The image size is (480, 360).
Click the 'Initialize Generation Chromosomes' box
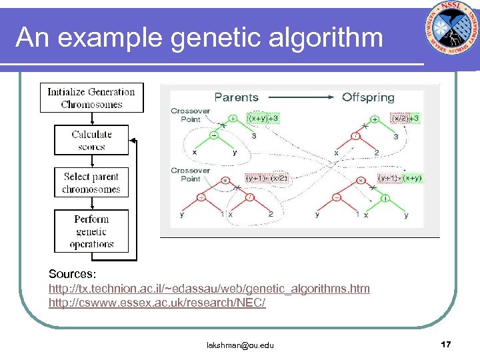click(91, 98)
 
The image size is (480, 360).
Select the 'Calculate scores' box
click(91, 140)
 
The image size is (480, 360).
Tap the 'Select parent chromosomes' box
click(91, 183)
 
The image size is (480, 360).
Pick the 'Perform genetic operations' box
click(91, 231)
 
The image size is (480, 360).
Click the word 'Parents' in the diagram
click(236, 97)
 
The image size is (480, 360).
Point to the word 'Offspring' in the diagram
click(368, 97)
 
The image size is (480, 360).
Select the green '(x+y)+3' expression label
click(263, 118)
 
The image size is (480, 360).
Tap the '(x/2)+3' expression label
click(405, 118)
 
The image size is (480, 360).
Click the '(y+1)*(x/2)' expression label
click(267, 178)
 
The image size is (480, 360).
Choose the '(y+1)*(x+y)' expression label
click(400, 178)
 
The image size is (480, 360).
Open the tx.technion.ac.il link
click(209, 289)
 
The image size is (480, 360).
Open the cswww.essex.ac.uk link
click(157, 303)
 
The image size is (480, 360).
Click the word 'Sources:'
click(73, 274)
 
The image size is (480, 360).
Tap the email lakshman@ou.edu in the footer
click(240, 345)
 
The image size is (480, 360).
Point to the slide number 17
click(446, 344)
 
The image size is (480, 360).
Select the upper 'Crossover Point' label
click(190, 115)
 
